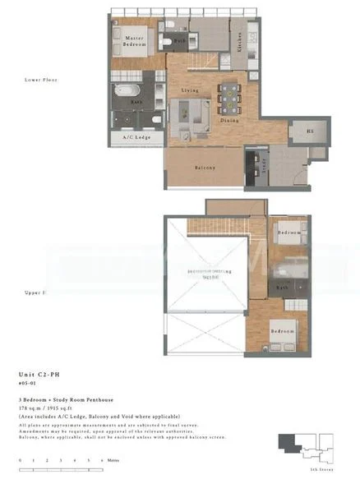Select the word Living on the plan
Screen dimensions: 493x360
coord(191,90)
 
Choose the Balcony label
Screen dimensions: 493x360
coord(205,168)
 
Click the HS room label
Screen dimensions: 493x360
coord(310,131)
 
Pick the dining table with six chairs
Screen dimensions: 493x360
coord(228,98)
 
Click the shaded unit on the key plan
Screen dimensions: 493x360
coord(290,443)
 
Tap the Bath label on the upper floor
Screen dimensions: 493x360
coord(282,288)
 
